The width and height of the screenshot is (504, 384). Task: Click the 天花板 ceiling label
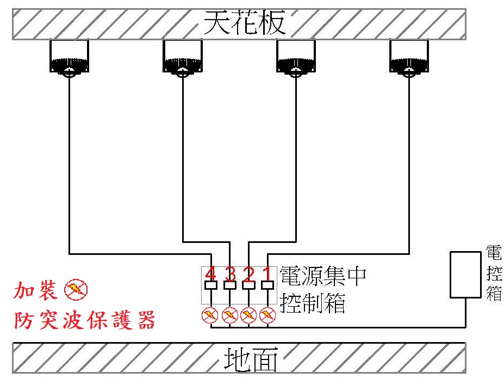point(244,23)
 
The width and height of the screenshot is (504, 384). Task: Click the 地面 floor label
point(250,359)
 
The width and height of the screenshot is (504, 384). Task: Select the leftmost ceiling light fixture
point(69,59)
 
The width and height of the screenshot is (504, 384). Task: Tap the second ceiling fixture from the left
point(182,59)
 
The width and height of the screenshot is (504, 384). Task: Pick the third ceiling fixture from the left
point(296,59)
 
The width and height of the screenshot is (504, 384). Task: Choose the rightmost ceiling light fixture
point(409,59)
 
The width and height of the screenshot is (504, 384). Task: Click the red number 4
point(211,273)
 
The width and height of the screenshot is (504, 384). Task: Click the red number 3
point(230,273)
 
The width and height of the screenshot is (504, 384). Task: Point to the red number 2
point(248,273)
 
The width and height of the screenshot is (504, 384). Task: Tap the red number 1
point(267,273)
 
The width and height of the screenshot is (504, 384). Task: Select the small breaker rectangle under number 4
point(211,285)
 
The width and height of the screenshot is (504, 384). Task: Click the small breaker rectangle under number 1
point(267,285)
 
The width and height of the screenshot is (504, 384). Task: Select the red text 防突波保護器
point(84,319)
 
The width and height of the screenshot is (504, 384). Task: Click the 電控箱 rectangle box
point(465,275)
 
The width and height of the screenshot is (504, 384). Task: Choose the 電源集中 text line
point(322,276)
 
